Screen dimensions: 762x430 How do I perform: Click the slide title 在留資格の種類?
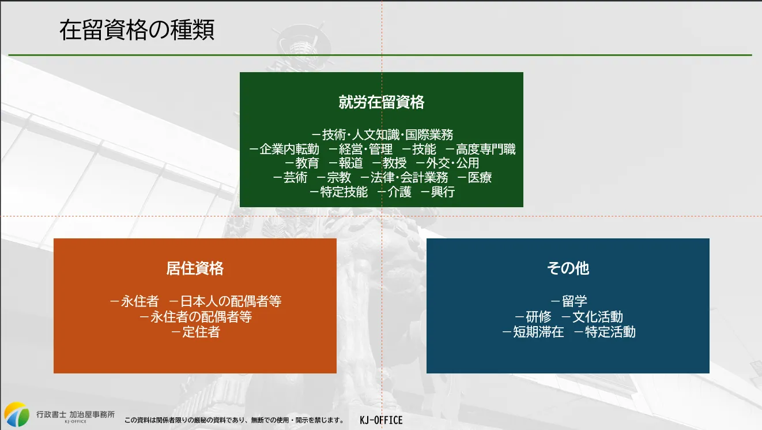click(137, 30)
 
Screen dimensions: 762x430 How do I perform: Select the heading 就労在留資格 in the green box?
click(382, 102)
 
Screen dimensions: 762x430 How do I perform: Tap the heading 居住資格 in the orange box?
click(195, 268)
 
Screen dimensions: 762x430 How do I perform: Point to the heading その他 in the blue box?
click(568, 268)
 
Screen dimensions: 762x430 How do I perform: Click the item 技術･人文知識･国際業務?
click(387, 135)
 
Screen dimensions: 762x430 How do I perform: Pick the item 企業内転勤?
click(289, 149)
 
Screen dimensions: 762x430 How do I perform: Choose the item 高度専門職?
click(485, 149)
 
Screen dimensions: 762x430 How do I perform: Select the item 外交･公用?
click(452, 163)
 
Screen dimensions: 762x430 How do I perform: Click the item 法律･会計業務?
click(409, 178)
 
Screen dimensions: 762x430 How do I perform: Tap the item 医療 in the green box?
click(480, 178)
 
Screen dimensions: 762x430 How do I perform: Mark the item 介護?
click(399, 192)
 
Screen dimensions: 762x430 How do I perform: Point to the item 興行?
click(443, 192)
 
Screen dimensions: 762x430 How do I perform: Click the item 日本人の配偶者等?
click(231, 301)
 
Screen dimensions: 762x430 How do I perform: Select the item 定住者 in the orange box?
click(201, 332)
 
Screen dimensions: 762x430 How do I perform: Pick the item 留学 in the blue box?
click(574, 301)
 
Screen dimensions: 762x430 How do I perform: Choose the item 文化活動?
click(598, 317)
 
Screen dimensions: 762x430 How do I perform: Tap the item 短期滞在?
click(538, 332)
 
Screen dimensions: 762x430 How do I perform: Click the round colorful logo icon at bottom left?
click(17, 414)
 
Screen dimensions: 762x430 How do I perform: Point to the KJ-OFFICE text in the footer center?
click(381, 420)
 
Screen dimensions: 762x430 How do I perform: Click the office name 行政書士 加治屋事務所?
click(76, 414)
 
